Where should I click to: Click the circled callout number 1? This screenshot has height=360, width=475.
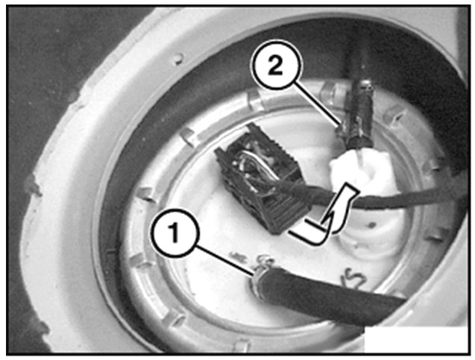(175, 233)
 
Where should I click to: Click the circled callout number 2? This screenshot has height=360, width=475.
(276, 66)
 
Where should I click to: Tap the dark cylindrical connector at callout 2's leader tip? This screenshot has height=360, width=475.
(359, 114)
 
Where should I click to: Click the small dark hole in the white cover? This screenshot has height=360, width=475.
(372, 224)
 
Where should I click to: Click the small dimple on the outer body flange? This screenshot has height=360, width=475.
(179, 59)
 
